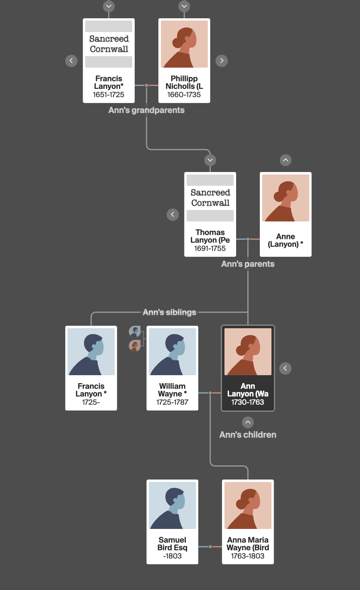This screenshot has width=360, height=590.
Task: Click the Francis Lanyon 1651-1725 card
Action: pyautogui.click(x=108, y=61)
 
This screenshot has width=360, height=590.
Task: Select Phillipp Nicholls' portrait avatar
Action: pyautogui.click(x=184, y=44)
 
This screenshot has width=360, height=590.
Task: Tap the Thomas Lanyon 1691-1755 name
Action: pyautogui.click(x=210, y=236)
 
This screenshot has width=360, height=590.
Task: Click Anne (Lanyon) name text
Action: pyautogui.click(x=286, y=240)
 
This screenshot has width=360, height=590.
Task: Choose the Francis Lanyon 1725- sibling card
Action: pyautogui.click(x=91, y=368)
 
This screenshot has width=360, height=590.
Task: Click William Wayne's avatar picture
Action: pyautogui.click(x=173, y=352)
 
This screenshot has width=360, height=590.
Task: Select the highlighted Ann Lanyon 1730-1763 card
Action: pyautogui.click(x=248, y=368)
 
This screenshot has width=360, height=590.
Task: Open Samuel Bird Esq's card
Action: pyautogui.click(x=173, y=522)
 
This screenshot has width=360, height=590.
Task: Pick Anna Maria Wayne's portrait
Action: pyautogui.click(x=248, y=505)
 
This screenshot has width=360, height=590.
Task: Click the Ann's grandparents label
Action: pyautogui.click(x=146, y=110)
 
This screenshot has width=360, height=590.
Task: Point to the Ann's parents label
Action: pyautogui.click(x=248, y=264)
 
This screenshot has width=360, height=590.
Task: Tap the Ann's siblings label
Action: pyautogui.click(x=170, y=312)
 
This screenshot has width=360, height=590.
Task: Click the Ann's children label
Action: pyautogui.click(x=248, y=435)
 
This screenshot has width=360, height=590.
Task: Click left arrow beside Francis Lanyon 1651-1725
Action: pyautogui.click(x=72, y=61)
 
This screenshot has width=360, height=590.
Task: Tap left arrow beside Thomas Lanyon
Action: pyautogui.click(x=173, y=214)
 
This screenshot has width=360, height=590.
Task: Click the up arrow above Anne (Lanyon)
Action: pyautogui.click(x=286, y=160)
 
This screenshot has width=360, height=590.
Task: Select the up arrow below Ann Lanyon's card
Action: pyautogui.click(x=248, y=422)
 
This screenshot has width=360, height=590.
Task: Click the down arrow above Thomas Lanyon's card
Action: pyautogui.click(x=210, y=160)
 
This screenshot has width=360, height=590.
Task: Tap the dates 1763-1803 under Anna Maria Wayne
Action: pyautogui.click(x=248, y=556)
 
